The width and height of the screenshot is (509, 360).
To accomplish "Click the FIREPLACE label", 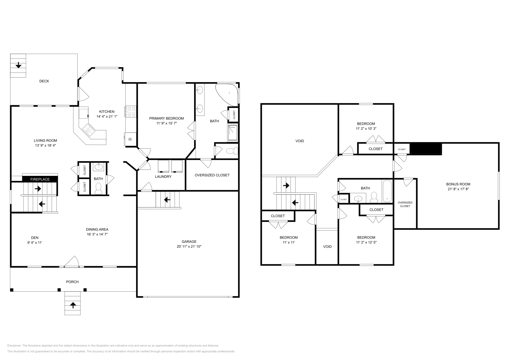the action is click(x=40, y=179).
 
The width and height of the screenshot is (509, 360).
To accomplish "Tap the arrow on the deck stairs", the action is click(x=18, y=65).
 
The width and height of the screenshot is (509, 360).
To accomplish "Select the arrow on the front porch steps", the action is click(x=73, y=305).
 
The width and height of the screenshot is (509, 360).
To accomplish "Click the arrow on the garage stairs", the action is click(x=167, y=200).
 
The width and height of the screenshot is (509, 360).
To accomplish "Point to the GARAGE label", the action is click(x=189, y=242).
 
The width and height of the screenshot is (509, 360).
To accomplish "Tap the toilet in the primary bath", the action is click(x=233, y=151).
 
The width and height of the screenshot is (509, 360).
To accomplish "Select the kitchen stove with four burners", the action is click(x=130, y=112).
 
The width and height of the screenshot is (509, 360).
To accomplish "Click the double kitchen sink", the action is click(x=89, y=129).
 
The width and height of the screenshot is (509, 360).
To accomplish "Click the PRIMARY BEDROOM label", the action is click(x=166, y=118).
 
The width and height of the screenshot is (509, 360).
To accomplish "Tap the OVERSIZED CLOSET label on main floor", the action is click(x=212, y=175).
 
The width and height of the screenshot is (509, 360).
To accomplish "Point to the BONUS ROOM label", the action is click(x=458, y=184).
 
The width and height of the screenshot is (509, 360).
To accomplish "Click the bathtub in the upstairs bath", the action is click(x=387, y=191).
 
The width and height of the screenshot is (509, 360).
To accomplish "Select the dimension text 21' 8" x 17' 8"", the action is click(x=458, y=189).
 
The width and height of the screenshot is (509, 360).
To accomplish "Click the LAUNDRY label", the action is click(x=163, y=177).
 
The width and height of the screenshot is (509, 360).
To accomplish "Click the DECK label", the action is click(x=44, y=81).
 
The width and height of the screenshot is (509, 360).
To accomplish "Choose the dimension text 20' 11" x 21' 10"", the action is click(x=189, y=246).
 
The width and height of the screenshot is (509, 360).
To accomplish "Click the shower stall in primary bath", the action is click(x=233, y=132).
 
